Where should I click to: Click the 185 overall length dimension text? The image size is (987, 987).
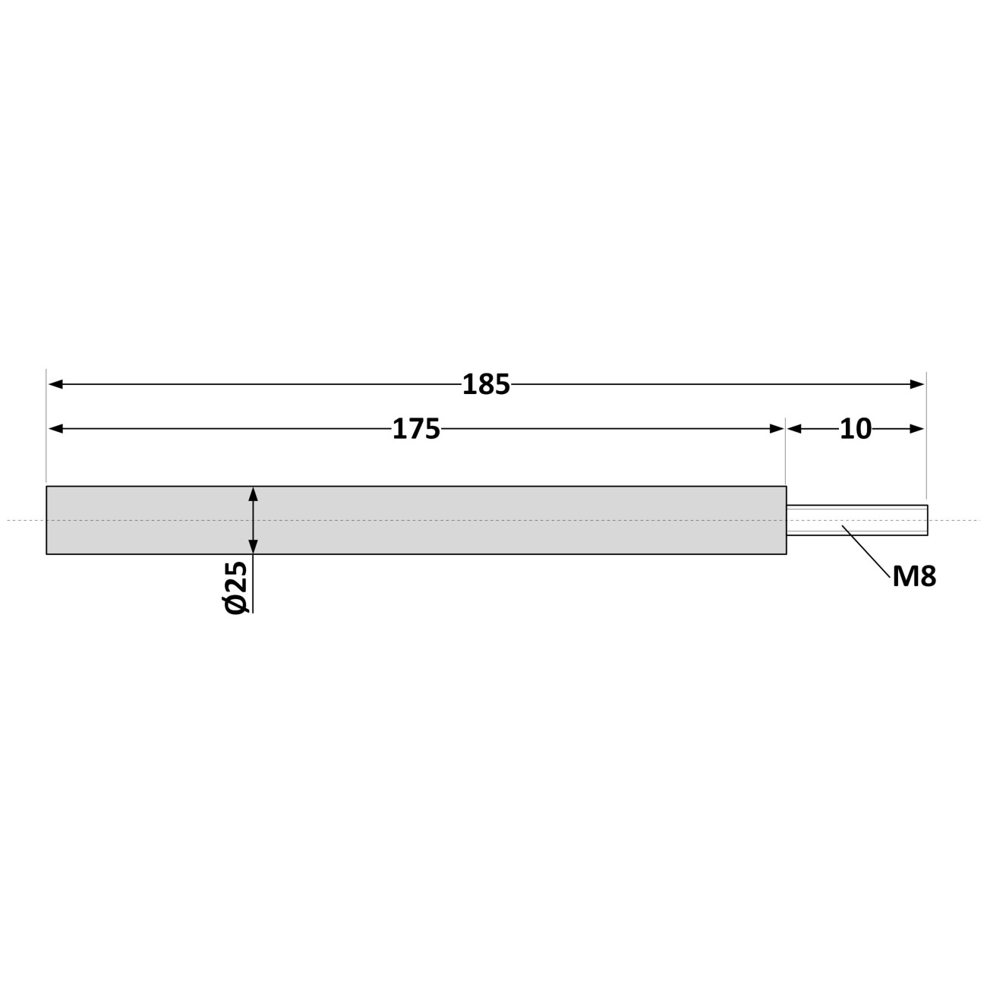click(486, 385)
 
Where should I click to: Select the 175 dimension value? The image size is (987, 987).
click(416, 429)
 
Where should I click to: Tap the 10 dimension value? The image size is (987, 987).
click(856, 429)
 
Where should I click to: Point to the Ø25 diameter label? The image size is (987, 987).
click(235, 588)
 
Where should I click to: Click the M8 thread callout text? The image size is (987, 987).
click(914, 577)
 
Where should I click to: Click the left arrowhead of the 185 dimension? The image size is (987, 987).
click(55, 384)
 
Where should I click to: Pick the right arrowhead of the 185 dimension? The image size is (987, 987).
click(917, 384)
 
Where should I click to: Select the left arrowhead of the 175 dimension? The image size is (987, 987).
click(55, 429)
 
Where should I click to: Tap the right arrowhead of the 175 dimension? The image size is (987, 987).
click(777, 429)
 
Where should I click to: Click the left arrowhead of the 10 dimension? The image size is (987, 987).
click(794, 429)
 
